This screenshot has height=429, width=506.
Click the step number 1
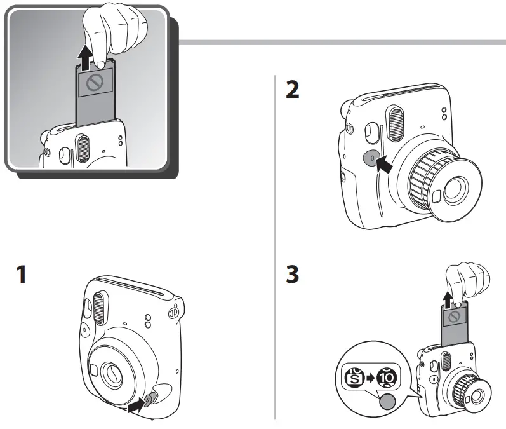(22, 275)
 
